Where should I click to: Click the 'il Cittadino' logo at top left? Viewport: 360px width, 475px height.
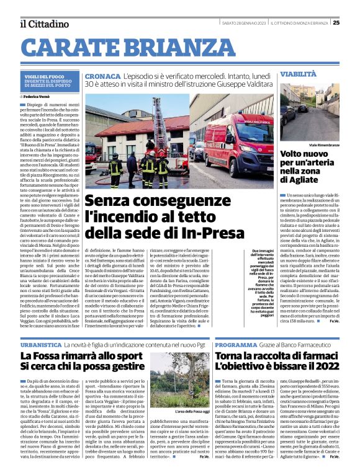(44, 24)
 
